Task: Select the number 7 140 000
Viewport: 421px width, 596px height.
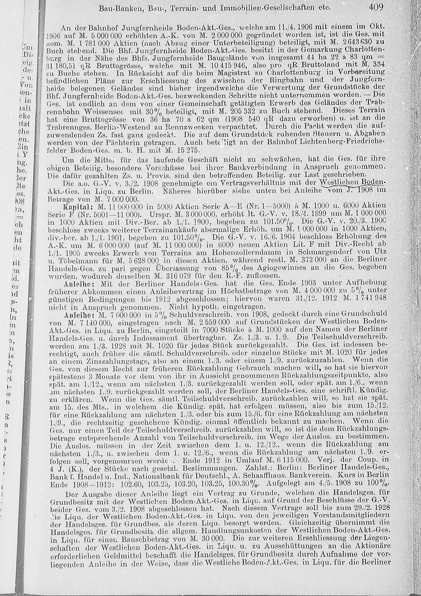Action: (x=88, y=323)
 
